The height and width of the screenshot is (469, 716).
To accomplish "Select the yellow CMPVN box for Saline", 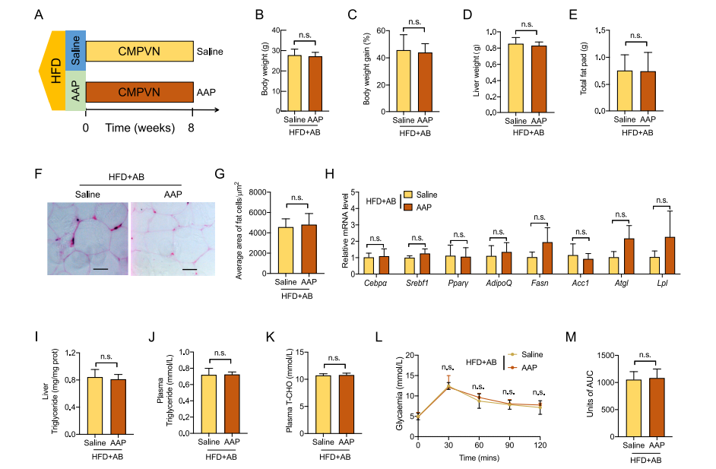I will point(138,51).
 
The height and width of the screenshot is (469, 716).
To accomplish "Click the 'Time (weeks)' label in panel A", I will point(140,128).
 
